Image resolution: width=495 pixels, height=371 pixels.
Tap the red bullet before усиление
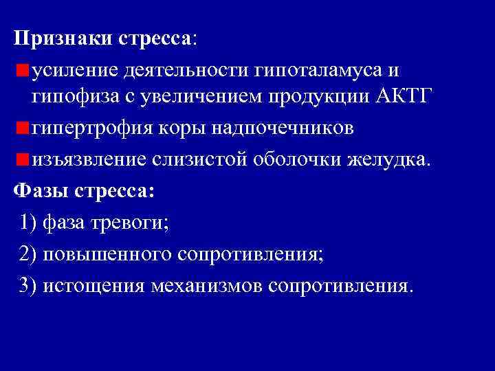pyautogui.click(x=23, y=70)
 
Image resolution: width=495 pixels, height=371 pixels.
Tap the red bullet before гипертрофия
pyautogui.click(x=23, y=128)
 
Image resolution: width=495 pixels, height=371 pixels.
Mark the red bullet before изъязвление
pyautogui.click(x=23, y=159)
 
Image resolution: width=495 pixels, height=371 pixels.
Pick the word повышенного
pyautogui.click(x=107, y=254)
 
